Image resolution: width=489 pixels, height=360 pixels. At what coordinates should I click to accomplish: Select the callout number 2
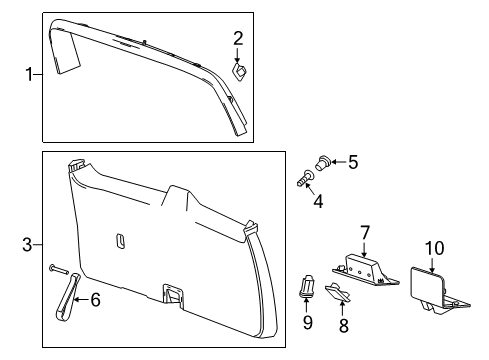[x=238, y=39]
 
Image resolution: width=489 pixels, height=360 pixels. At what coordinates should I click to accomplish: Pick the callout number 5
[x=351, y=160]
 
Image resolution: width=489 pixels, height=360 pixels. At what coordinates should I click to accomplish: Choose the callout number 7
[x=365, y=234]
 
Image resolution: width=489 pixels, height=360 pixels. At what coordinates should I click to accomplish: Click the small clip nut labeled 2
[x=241, y=70]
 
